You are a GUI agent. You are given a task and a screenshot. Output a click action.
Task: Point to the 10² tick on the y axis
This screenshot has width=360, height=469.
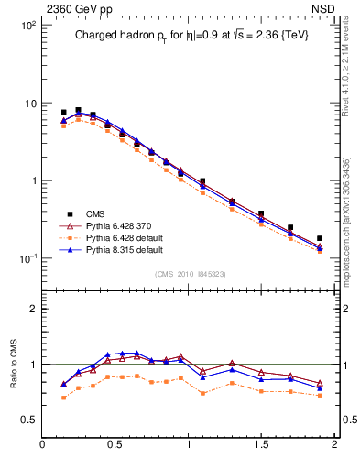pos(27,26)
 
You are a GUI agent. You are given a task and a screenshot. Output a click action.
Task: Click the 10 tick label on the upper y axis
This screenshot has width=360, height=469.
pos(29,104)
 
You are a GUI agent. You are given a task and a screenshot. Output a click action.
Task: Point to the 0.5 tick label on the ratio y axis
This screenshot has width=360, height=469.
pos(28,420)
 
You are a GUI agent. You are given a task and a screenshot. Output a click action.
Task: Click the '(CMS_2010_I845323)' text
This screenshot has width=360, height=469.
pos(190,272)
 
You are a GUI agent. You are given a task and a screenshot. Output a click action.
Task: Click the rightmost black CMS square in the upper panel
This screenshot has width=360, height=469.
pos(320,238)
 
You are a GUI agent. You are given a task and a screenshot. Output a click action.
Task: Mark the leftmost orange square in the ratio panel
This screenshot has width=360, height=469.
pos(63,398)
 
